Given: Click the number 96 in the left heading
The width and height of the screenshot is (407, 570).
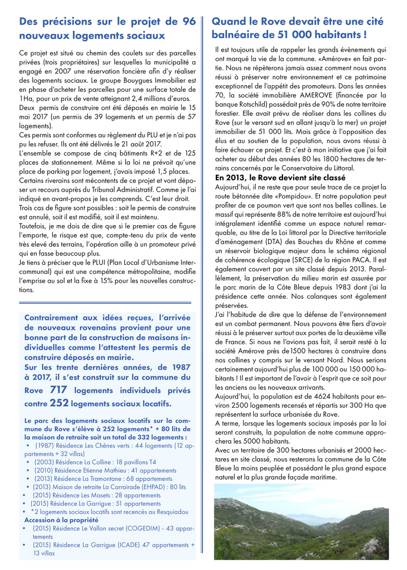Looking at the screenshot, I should pyautogui.click(x=189, y=22).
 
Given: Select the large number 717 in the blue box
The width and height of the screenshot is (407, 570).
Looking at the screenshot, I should pyautogui.click(x=59, y=390).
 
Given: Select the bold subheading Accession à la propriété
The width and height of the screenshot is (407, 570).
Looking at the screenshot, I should pyautogui.click(x=61, y=520).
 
